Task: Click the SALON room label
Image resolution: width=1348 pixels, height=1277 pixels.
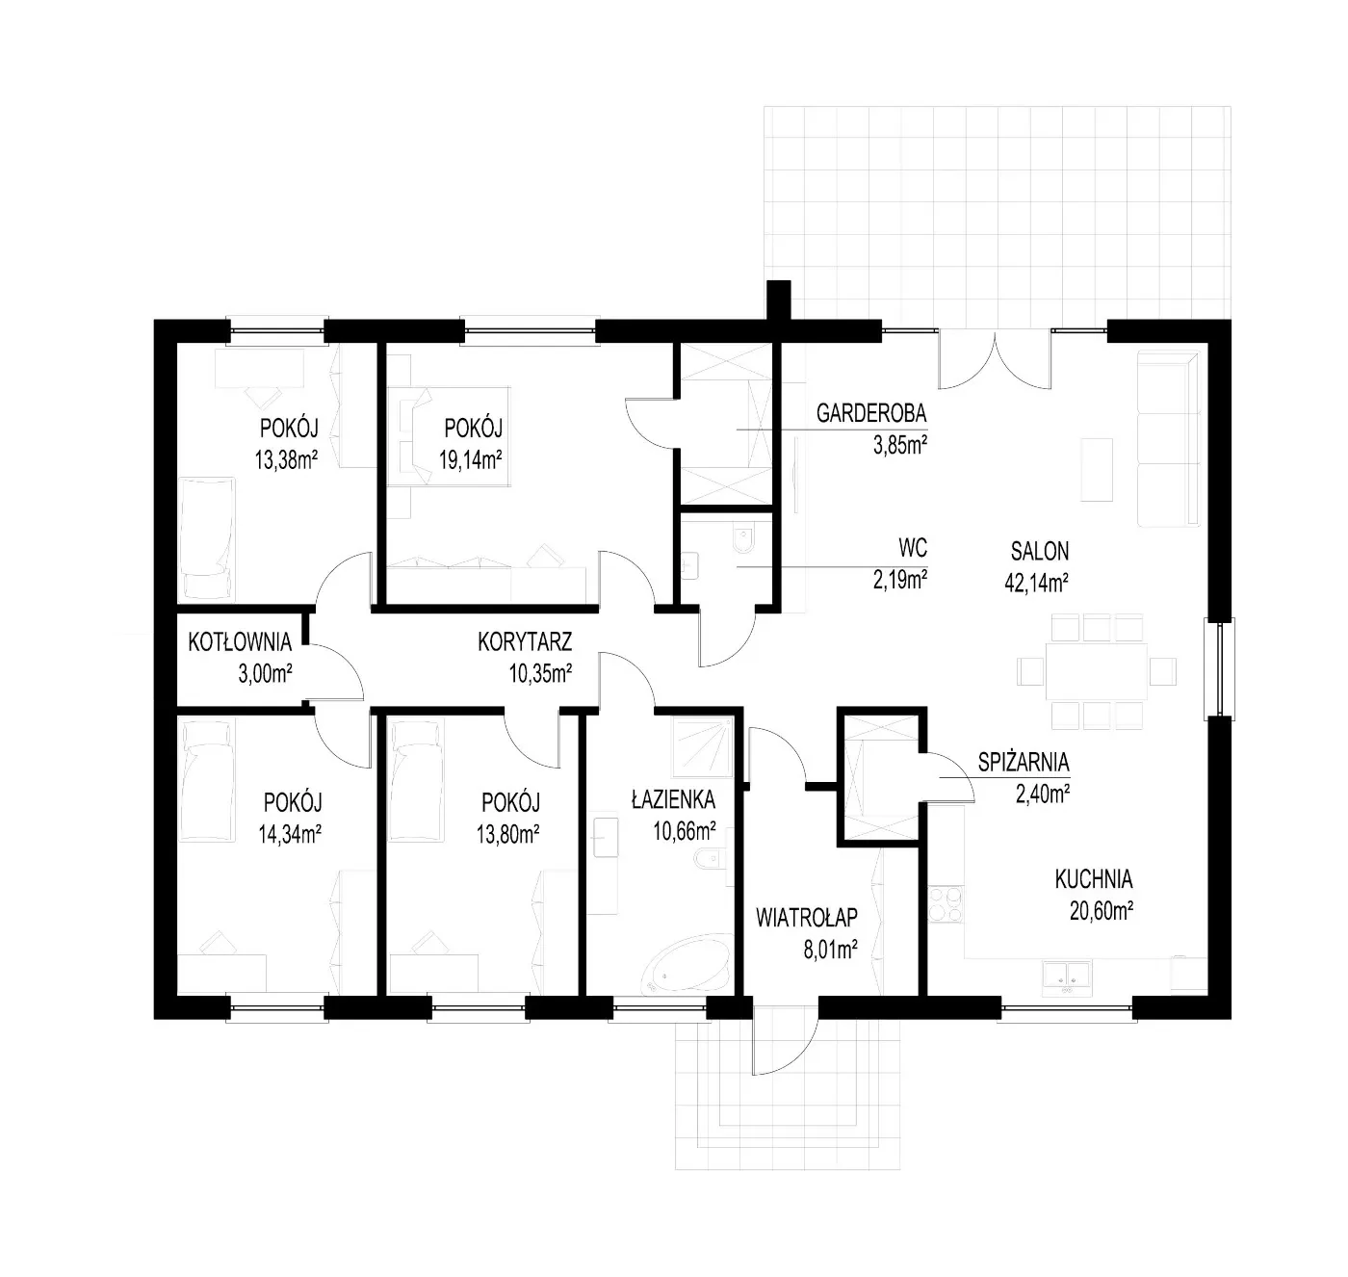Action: tap(1039, 551)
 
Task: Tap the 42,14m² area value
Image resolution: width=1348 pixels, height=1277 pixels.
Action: tap(1037, 583)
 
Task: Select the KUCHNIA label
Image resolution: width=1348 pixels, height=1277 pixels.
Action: tap(1093, 878)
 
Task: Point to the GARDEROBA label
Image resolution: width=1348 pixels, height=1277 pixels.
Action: tap(870, 413)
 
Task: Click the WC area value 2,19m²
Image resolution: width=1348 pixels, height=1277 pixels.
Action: tap(899, 580)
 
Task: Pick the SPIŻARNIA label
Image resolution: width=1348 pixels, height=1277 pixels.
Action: tap(1023, 762)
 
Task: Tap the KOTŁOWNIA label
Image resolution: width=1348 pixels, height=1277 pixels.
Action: tap(240, 642)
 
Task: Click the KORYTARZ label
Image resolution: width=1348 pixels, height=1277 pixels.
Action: tap(525, 642)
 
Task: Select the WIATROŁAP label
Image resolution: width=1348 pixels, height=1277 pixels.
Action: tap(806, 917)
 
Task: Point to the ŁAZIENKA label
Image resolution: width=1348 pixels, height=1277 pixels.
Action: tap(673, 799)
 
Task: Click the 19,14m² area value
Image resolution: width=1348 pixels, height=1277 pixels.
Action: tap(471, 459)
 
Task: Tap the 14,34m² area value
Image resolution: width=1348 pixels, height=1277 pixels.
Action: tap(290, 834)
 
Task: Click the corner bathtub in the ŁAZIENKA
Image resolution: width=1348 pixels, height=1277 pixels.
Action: tap(687, 964)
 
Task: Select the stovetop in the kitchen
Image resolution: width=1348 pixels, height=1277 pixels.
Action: tap(945, 904)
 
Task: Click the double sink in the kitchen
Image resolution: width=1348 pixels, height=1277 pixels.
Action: tap(1067, 978)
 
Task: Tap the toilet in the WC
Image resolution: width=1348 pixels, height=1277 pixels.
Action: tap(743, 539)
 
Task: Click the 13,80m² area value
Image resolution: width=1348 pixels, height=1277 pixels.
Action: tap(508, 834)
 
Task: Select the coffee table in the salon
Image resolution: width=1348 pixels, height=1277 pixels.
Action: tap(1097, 470)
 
